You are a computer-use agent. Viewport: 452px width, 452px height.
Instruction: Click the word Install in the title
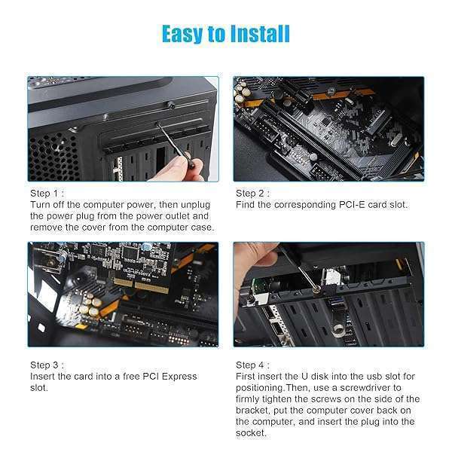253,34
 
